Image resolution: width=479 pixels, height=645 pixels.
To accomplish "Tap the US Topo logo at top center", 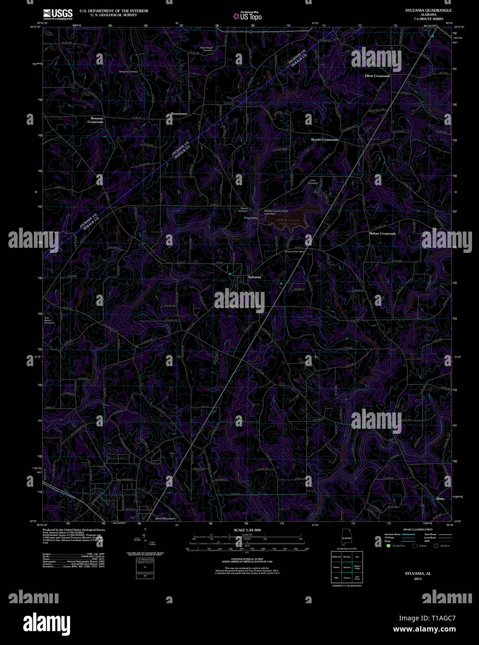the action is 248,16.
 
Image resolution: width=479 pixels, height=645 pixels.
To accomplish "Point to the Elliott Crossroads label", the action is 377,76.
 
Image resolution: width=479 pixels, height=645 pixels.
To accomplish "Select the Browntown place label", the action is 179,114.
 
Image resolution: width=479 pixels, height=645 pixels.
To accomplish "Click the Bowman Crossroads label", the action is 96,120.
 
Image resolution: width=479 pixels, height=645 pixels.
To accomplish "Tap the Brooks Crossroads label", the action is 324,140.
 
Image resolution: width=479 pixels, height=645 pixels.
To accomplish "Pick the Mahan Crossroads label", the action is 382,233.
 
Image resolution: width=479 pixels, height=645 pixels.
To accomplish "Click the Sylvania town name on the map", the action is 254,277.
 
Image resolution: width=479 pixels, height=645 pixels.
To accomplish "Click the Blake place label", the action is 440,499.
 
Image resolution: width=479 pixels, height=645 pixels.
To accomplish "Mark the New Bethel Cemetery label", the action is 49,320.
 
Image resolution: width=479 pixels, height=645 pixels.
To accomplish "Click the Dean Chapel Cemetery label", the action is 206,48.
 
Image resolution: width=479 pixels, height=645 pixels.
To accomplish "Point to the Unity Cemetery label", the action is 312,181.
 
